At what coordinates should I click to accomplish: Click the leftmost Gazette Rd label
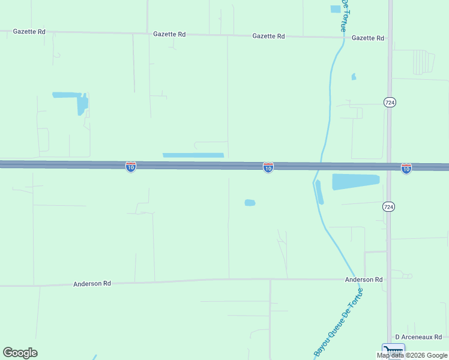(29, 31)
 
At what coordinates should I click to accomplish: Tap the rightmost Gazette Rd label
(368, 38)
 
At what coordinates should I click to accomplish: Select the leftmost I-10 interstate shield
(131, 166)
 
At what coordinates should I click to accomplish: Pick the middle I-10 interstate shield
(268, 167)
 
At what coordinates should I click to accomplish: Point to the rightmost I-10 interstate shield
(406, 169)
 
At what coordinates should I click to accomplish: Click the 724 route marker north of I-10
(390, 103)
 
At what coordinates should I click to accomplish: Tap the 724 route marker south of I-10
(389, 206)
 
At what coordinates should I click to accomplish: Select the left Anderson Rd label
(92, 284)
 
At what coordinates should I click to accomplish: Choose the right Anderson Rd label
(364, 280)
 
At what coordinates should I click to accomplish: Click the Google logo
(20, 353)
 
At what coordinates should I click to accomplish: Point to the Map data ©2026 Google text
(412, 355)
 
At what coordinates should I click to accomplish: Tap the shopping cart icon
(393, 350)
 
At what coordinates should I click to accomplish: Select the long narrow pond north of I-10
(193, 155)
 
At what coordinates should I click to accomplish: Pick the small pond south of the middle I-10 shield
(250, 203)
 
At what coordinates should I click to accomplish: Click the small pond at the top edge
(336, 8)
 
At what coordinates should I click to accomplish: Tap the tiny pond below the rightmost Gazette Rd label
(354, 77)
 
